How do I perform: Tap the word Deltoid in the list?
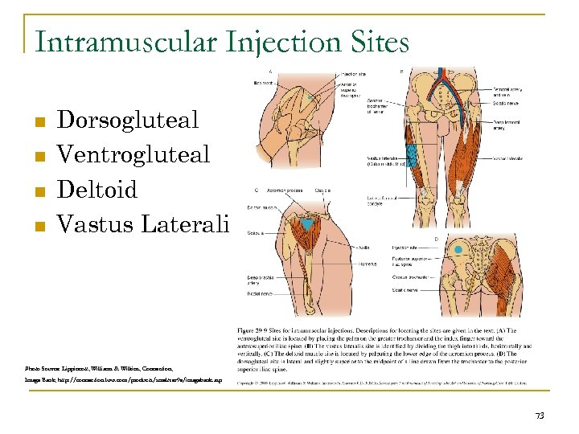pos(98,189)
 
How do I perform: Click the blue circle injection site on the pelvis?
pos(458,251)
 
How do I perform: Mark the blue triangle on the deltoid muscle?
pos(307,225)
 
